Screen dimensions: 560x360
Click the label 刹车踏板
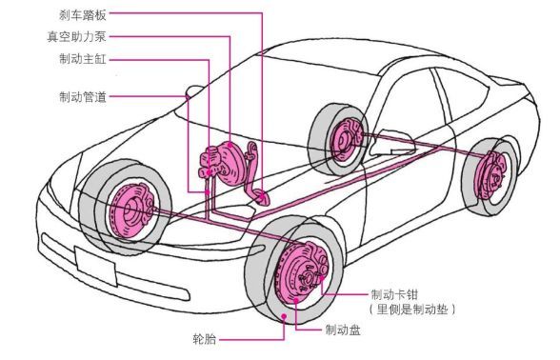click(83, 15)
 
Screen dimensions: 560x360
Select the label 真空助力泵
click(77, 37)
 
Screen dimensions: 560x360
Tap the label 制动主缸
click(83, 59)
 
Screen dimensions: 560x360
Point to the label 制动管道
click(83, 96)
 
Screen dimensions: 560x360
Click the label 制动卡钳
click(394, 294)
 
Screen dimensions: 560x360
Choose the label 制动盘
click(343, 330)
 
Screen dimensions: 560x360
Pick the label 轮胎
click(205, 339)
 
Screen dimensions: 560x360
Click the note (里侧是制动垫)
click(412, 310)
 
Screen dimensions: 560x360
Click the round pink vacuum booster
click(230, 163)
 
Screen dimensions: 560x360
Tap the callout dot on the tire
click(284, 316)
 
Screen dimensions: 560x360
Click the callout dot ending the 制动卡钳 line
click(322, 278)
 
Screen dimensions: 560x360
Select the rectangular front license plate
click(95, 266)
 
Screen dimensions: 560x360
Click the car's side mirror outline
click(392, 143)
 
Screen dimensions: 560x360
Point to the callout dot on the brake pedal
click(262, 196)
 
